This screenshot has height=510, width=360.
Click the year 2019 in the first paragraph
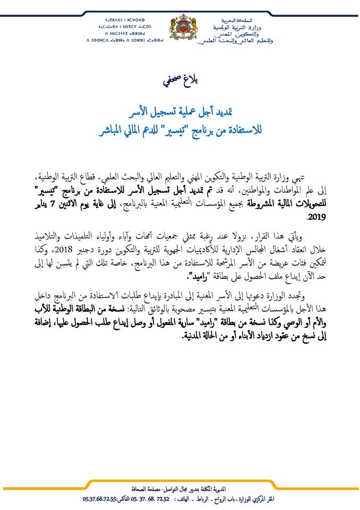316,217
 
